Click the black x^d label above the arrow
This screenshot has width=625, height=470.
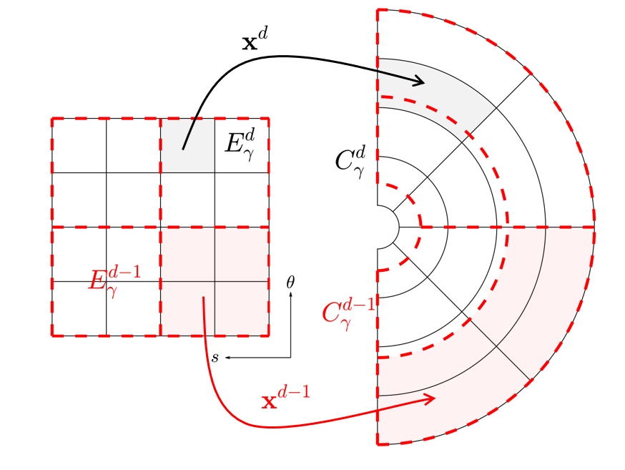[255, 39]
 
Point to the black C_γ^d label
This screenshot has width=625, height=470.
[350, 162]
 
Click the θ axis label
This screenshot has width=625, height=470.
[290, 282]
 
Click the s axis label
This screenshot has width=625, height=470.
[215, 357]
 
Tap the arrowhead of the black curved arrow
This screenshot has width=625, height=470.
[418, 81]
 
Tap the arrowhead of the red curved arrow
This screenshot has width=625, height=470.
[429, 398]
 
